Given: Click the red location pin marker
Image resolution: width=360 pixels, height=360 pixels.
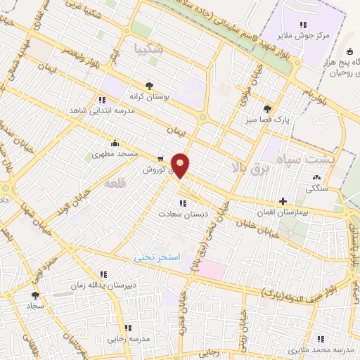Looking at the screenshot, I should (181, 165).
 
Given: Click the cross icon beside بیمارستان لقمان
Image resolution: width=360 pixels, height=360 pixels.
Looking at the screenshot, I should (283, 201).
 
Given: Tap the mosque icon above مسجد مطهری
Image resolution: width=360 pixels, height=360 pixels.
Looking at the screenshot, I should (115, 143).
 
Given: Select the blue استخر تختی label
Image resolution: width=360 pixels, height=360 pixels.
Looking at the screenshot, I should (157, 258).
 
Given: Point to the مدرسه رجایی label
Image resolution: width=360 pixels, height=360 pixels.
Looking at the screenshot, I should (129, 338).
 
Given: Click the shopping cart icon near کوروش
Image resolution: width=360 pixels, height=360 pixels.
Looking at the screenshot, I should (162, 159).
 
